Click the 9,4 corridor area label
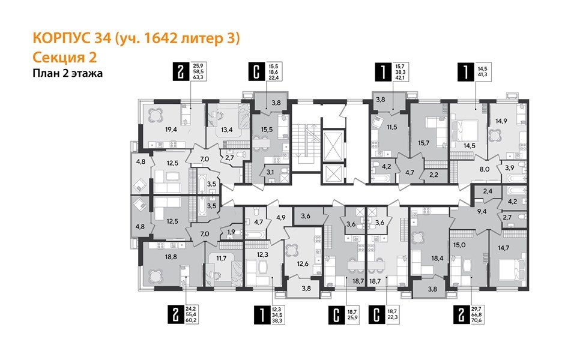(x=465, y=211)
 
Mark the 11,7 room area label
(x=221, y=259)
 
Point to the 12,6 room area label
(x=302, y=261)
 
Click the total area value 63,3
(x=198, y=77)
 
